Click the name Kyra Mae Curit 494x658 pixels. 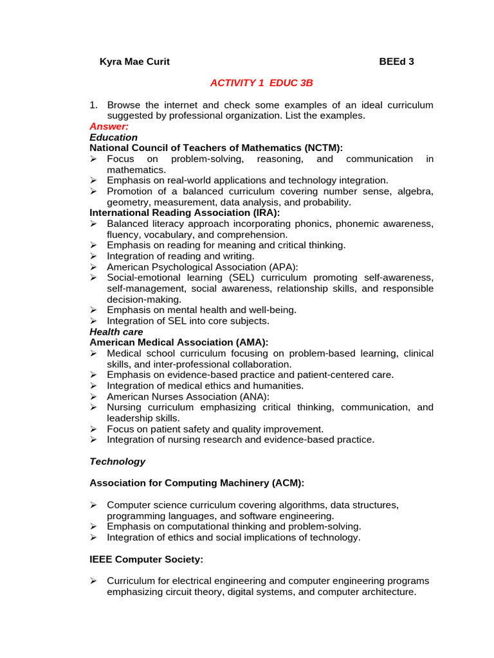[134, 62]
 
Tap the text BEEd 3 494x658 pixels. [396, 62]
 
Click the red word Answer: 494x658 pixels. [109, 127]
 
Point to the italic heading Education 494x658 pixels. [113, 138]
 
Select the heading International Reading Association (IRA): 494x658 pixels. [185, 213]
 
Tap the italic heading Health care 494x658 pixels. [116, 332]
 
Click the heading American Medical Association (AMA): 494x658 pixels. [179, 342]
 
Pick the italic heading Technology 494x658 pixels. [117, 461]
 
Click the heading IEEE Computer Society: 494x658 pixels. [146, 559]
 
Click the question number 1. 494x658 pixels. [93, 105]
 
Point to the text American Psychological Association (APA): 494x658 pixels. [203, 267]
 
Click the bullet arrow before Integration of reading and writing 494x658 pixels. [93, 256]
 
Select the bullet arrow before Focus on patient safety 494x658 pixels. [93, 429]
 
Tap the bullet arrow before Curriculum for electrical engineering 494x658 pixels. [93, 580]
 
